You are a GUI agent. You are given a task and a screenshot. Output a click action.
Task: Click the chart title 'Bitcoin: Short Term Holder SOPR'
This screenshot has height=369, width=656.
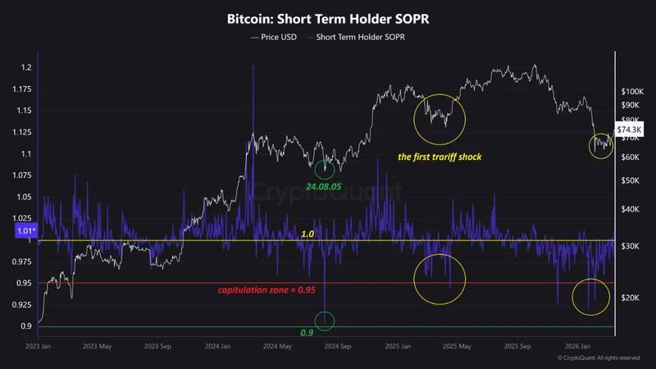click(328, 17)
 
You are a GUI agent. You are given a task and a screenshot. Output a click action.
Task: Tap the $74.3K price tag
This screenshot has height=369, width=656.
click(630, 130)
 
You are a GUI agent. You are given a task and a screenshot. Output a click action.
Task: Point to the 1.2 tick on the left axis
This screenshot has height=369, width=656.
click(26, 67)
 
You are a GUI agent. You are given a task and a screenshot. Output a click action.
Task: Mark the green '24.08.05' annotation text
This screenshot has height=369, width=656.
click(325, 186)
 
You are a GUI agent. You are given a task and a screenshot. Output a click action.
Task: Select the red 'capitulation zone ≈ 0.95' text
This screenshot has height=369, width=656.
click(266, 290)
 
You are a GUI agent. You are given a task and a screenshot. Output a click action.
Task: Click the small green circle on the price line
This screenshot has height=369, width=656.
click(325, 168)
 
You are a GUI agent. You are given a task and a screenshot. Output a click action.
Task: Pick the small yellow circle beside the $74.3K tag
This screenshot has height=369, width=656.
click(601, 145)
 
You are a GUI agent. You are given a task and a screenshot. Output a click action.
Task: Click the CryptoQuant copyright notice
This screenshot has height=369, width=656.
click(598, 358)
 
